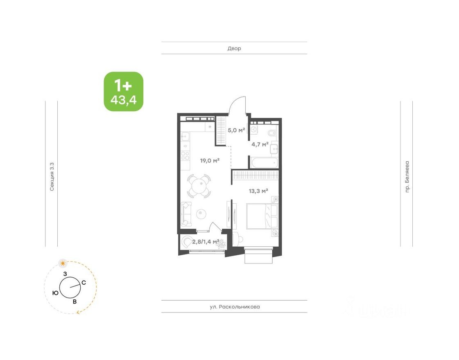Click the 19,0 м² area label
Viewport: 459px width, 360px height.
pyautogui.click(x=210, y=161)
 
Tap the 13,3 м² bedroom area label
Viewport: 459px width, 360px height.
pyautogui.click(x=258, y=191)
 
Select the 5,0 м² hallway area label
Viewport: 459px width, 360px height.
pyautogui.click(x=236, y=130)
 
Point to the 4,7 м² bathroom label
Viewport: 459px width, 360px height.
pyautogui.click(x=260, y=144)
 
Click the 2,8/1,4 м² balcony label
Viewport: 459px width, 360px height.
pyautogui.click(x=206, y=242)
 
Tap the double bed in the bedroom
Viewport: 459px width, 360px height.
pyautogui.click(x=262, y=216)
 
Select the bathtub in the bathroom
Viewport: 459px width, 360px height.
pyautogui.click(x=265, y=163)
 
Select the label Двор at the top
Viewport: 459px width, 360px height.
pyautogui.click(x=234, y=48)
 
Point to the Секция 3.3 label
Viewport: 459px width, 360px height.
pyautogui.click(x=52, y=177)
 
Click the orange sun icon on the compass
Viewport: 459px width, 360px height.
pyautogui.click(x=62, y=263)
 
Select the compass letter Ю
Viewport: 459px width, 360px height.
pyautogui.click(x=55, y=292)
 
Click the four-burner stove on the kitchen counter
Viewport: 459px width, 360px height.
pyautogui.click(x=185, y=156)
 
